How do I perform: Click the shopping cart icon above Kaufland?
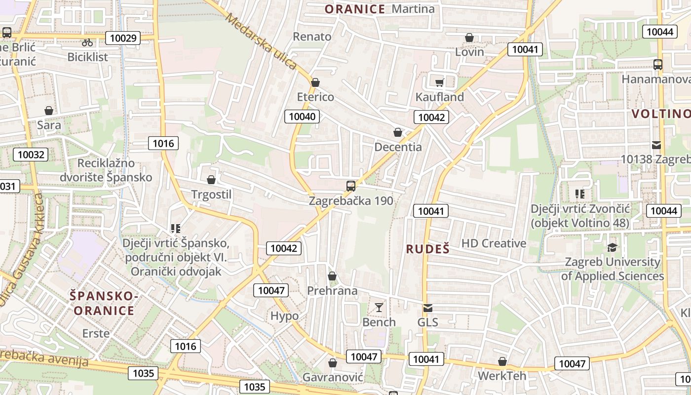pyautogui.click(x=439, y=82)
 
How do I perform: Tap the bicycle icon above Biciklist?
pyautogui.click(x=87, y=42)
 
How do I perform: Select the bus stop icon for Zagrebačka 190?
pyautogui.click(x=351, y=186)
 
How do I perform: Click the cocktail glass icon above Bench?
pyautogui.click(x=379, y=308)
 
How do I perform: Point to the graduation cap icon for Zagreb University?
pyautogui.click(x=613, y=247)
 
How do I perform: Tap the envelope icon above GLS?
pyautogui.click(x=428, y=308)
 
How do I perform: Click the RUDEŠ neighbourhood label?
pyautogui.click(x=428, y=249)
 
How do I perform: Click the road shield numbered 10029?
pyautogui.click(x=123, y=38)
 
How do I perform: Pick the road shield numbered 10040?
pyautogui.click(x=302, y=117)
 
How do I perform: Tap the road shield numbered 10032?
pyautogui.click(x=31, y=155)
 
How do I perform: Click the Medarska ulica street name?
pyautogui.click(x=262, y=41)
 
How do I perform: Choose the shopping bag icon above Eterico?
pyautogui.click(x=315, y=82)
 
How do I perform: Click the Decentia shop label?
pyautogui.click(x=398, y=147)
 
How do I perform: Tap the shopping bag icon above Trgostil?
pyautogui.click(x=211, y=180)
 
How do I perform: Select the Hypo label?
pyautogui.click(x=285, y=316)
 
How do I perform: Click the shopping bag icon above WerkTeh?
pyautogui.click(x=502, y=361)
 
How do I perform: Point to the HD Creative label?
pyautogui.click(x=494, y=243)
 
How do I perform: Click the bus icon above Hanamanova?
pyautogui.click(x=658, y=65)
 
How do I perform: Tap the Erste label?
pyautogui.click(x=96, y=333)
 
